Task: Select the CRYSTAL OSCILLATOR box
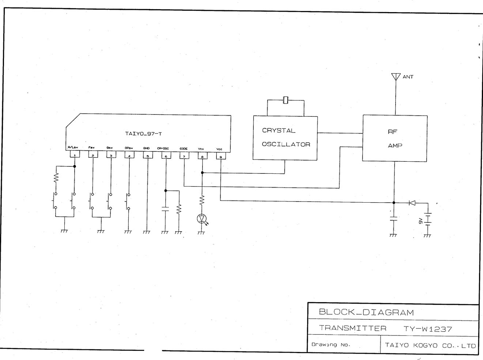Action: pos(285,138)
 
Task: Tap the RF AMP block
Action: pos(395,138)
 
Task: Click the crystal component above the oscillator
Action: pos(286,100)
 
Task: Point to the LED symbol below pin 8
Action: pos(201,219)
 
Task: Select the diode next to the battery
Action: pos(412,203)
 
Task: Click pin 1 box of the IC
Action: pos(75,155)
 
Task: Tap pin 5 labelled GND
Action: pos(148,155)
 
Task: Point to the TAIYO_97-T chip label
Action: pos(143,134)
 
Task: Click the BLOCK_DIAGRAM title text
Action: pos(366,312)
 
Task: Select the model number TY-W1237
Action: pos(428,329)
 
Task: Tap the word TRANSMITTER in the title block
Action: pos(352,328)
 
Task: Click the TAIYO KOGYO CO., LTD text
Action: pos(430,345)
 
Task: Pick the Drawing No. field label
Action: pos(331,345)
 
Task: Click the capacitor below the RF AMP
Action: pos(393,219)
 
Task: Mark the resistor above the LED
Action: pos(201,200)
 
